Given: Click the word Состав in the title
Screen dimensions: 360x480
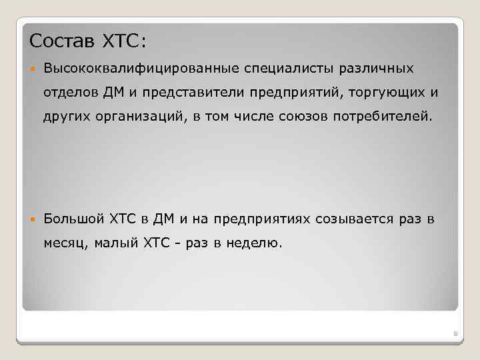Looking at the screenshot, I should click(63, 41).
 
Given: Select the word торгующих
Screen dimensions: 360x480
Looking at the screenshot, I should click(378, 92).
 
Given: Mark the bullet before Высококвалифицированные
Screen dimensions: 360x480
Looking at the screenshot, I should click(33, 68).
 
